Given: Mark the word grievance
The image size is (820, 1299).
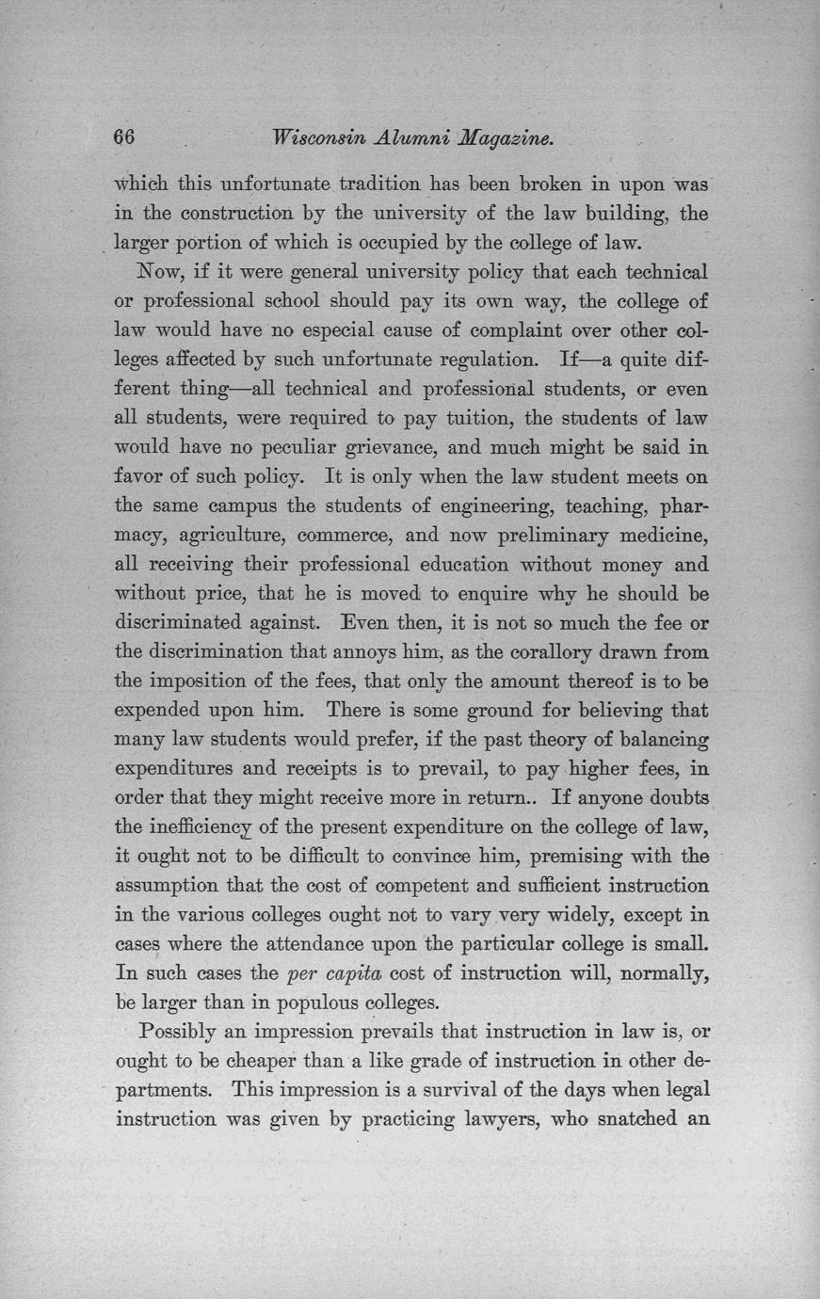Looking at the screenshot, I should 356,448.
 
